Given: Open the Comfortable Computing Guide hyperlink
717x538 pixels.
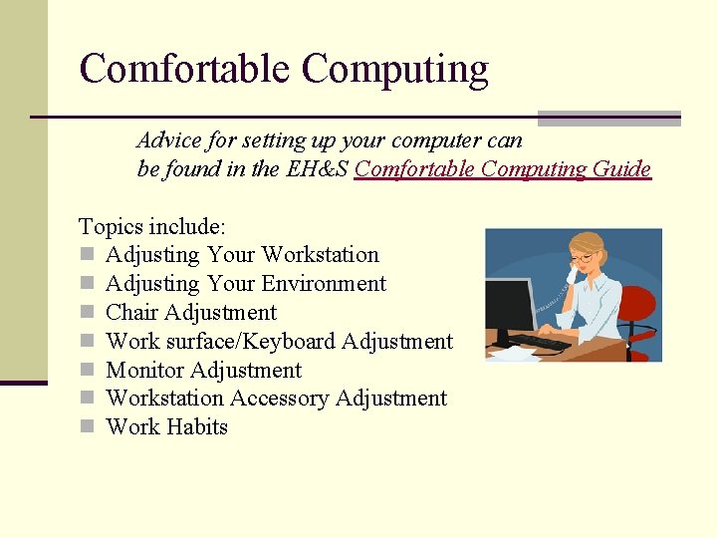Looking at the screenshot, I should coord(502,168).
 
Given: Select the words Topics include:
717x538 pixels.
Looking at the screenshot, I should coord(152,226).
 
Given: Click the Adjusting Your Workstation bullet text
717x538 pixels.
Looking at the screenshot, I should coord(242,255).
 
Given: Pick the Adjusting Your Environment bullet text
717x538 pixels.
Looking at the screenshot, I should coord(245,284).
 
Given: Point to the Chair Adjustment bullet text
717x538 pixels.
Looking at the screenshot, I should coord(190,313).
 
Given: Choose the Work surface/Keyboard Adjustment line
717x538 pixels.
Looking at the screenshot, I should coord(279,342).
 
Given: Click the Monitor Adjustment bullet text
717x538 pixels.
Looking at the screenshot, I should coord(203,371).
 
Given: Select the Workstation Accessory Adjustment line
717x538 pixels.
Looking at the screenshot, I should coord(276,399).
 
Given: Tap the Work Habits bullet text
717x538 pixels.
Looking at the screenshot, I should coord(166,427).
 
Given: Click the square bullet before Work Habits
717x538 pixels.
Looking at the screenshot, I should coord(87,427).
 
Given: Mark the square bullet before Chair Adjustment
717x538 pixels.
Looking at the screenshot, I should coord(87,313).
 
